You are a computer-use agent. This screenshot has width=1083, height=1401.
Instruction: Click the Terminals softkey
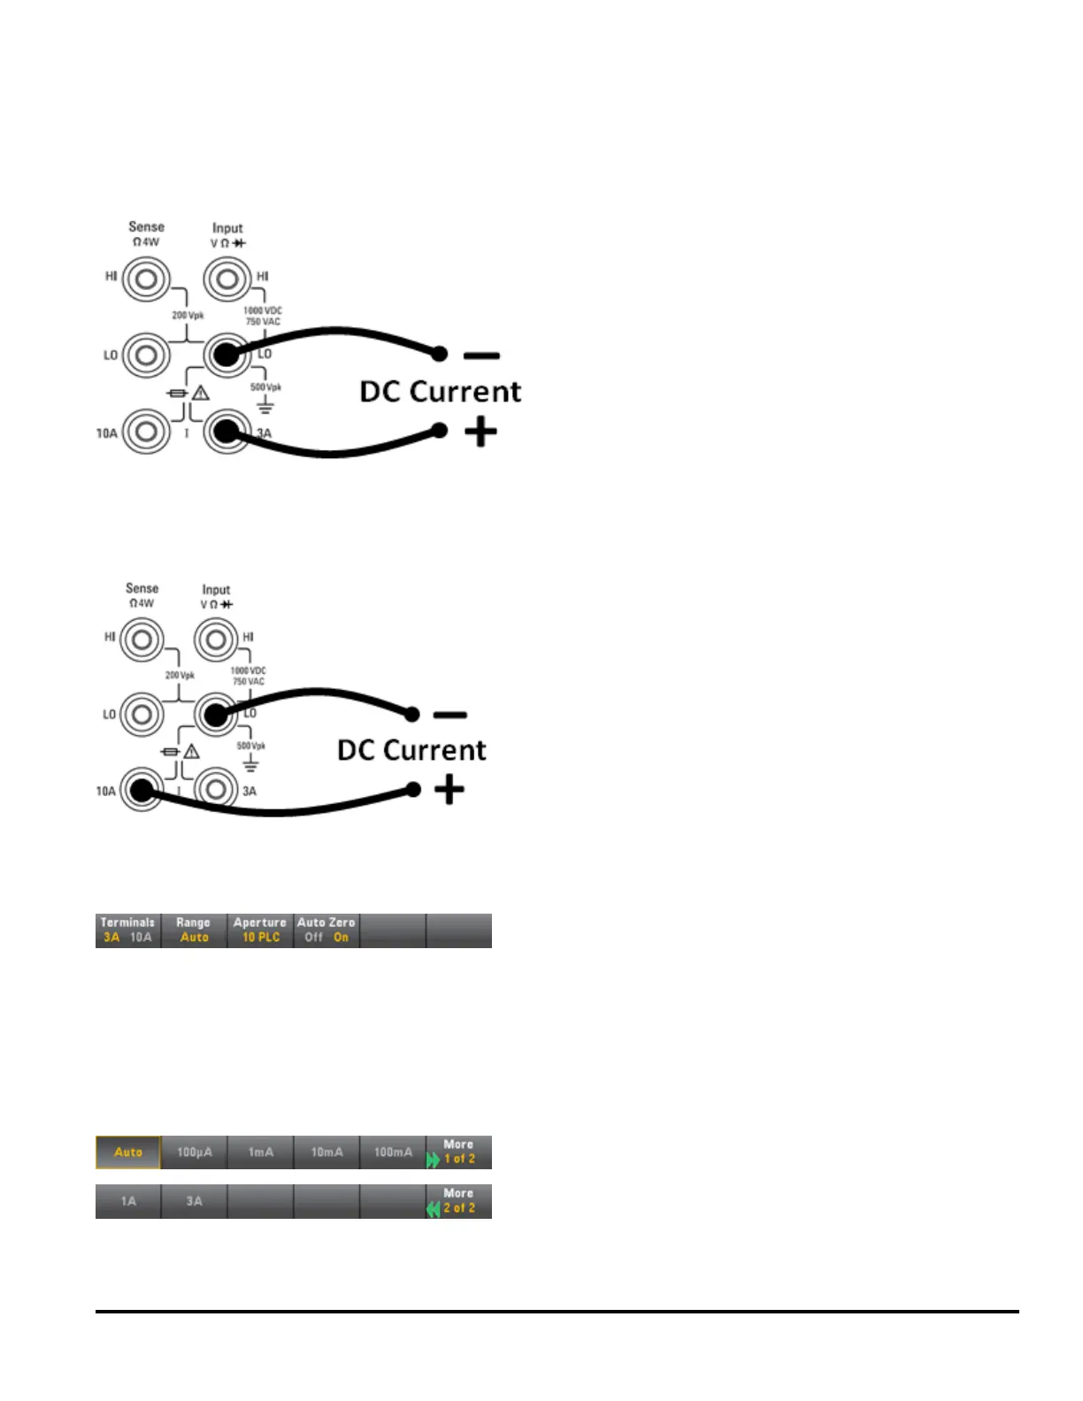click(x=128, y=930)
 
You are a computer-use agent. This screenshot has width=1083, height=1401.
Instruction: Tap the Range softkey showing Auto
click(x=194, y=930)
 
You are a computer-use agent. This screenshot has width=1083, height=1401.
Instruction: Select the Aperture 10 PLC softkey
click(x=260, y=930)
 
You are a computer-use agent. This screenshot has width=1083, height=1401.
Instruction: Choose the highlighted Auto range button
click(x=128, y=1152)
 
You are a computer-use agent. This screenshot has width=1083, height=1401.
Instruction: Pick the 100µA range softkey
click(x=195, y=1152)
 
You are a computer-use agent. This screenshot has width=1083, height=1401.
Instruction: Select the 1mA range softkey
click(x=261, y=1152)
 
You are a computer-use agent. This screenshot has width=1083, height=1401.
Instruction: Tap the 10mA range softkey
click(x=326, y=1152)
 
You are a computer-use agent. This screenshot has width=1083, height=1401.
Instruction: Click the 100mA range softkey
click(x=393, y=1152)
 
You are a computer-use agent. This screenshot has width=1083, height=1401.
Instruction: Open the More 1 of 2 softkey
click(x=458, y=1152)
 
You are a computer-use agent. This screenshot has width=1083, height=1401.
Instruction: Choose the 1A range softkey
click(x=128, y=1201)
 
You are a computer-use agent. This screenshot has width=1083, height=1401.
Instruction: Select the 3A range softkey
click(x=195, y=1201)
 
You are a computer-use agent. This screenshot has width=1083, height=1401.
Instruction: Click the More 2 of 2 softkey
click(x=458, y=1201)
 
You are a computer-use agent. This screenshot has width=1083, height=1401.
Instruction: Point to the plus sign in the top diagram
click(x=480, y=433)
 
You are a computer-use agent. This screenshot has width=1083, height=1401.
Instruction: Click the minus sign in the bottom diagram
click(x=450, y=715)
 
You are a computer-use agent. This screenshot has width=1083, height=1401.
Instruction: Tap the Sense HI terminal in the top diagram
click(x=146, y=280)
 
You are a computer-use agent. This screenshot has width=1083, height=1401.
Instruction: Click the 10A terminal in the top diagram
click(x=146, y=433)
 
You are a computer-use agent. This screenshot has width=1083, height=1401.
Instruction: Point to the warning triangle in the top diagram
click(x=201, y=394)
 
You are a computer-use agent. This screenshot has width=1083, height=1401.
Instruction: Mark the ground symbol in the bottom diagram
click(x=251, y=763)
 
